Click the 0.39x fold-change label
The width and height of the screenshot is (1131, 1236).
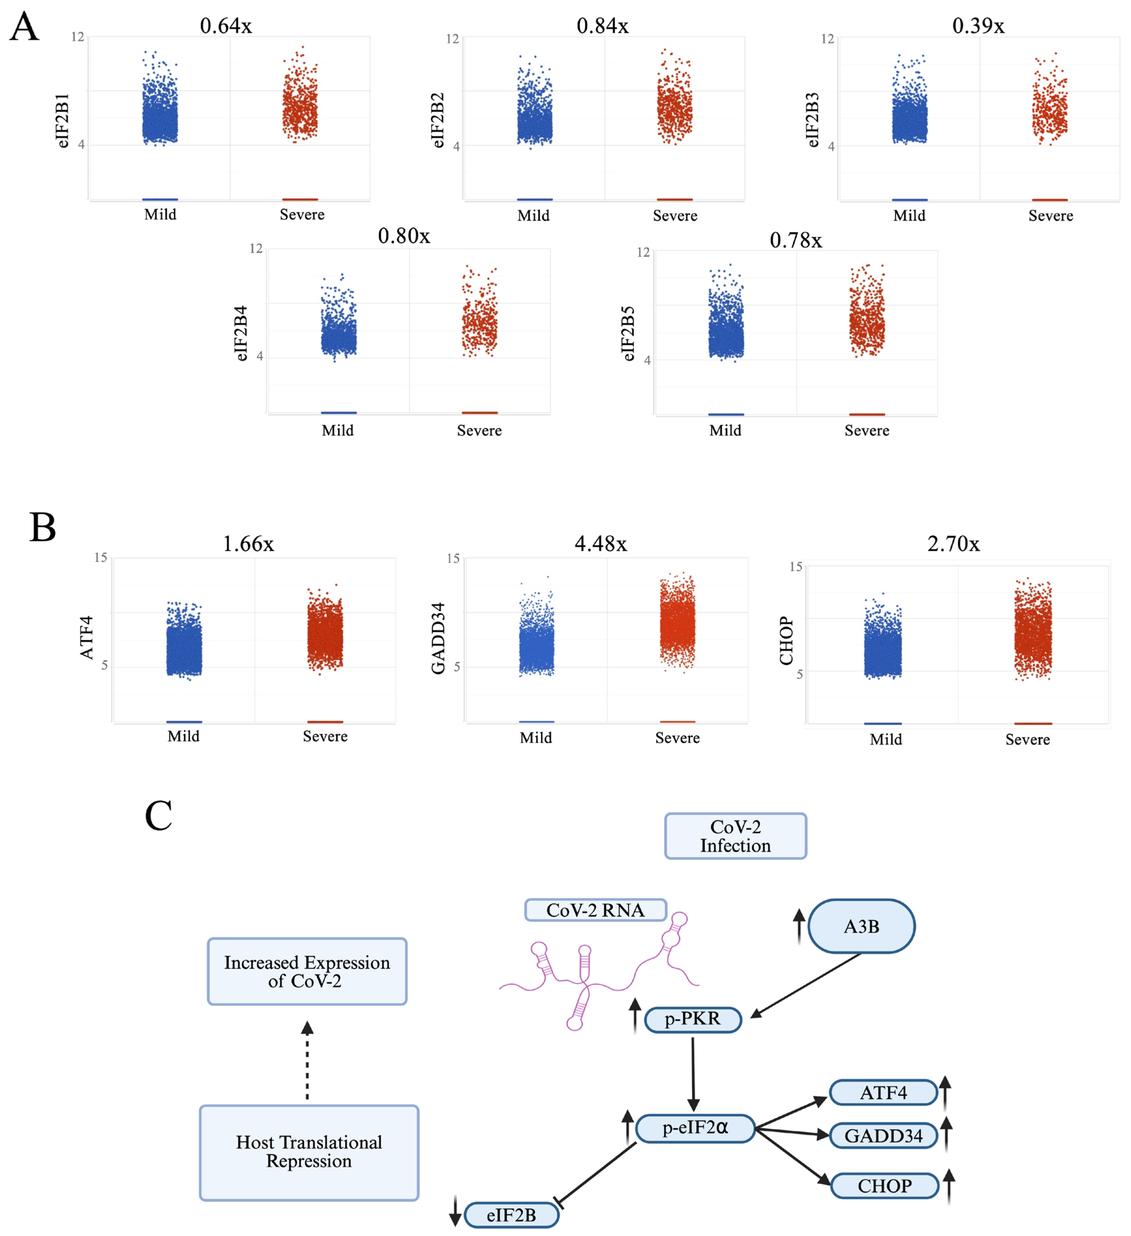click(978, 26)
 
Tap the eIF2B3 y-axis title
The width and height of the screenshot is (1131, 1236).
click(812, 120)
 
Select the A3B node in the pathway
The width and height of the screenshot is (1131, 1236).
click(861, 926)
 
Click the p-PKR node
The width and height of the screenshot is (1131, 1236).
click(693, 1019)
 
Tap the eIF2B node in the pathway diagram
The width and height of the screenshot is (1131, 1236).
click(511, 1215)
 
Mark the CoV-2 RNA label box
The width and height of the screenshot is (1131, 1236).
click(595, 910)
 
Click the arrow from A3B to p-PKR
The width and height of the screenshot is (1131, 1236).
click(806, 985)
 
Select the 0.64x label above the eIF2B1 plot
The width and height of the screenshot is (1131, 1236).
click(226, 26)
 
